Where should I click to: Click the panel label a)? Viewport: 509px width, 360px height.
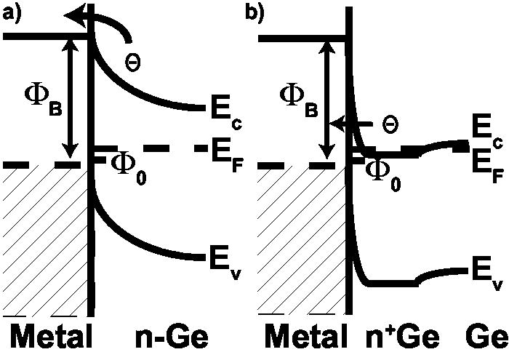tap(13, 13)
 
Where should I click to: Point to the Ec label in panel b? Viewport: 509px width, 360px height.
tap(484, 131)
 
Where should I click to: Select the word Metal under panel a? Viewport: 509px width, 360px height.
tap(49, 338)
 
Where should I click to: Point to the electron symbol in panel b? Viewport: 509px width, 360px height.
tap(390, 124)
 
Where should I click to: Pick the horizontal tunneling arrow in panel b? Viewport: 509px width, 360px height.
tap(353, 124)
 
